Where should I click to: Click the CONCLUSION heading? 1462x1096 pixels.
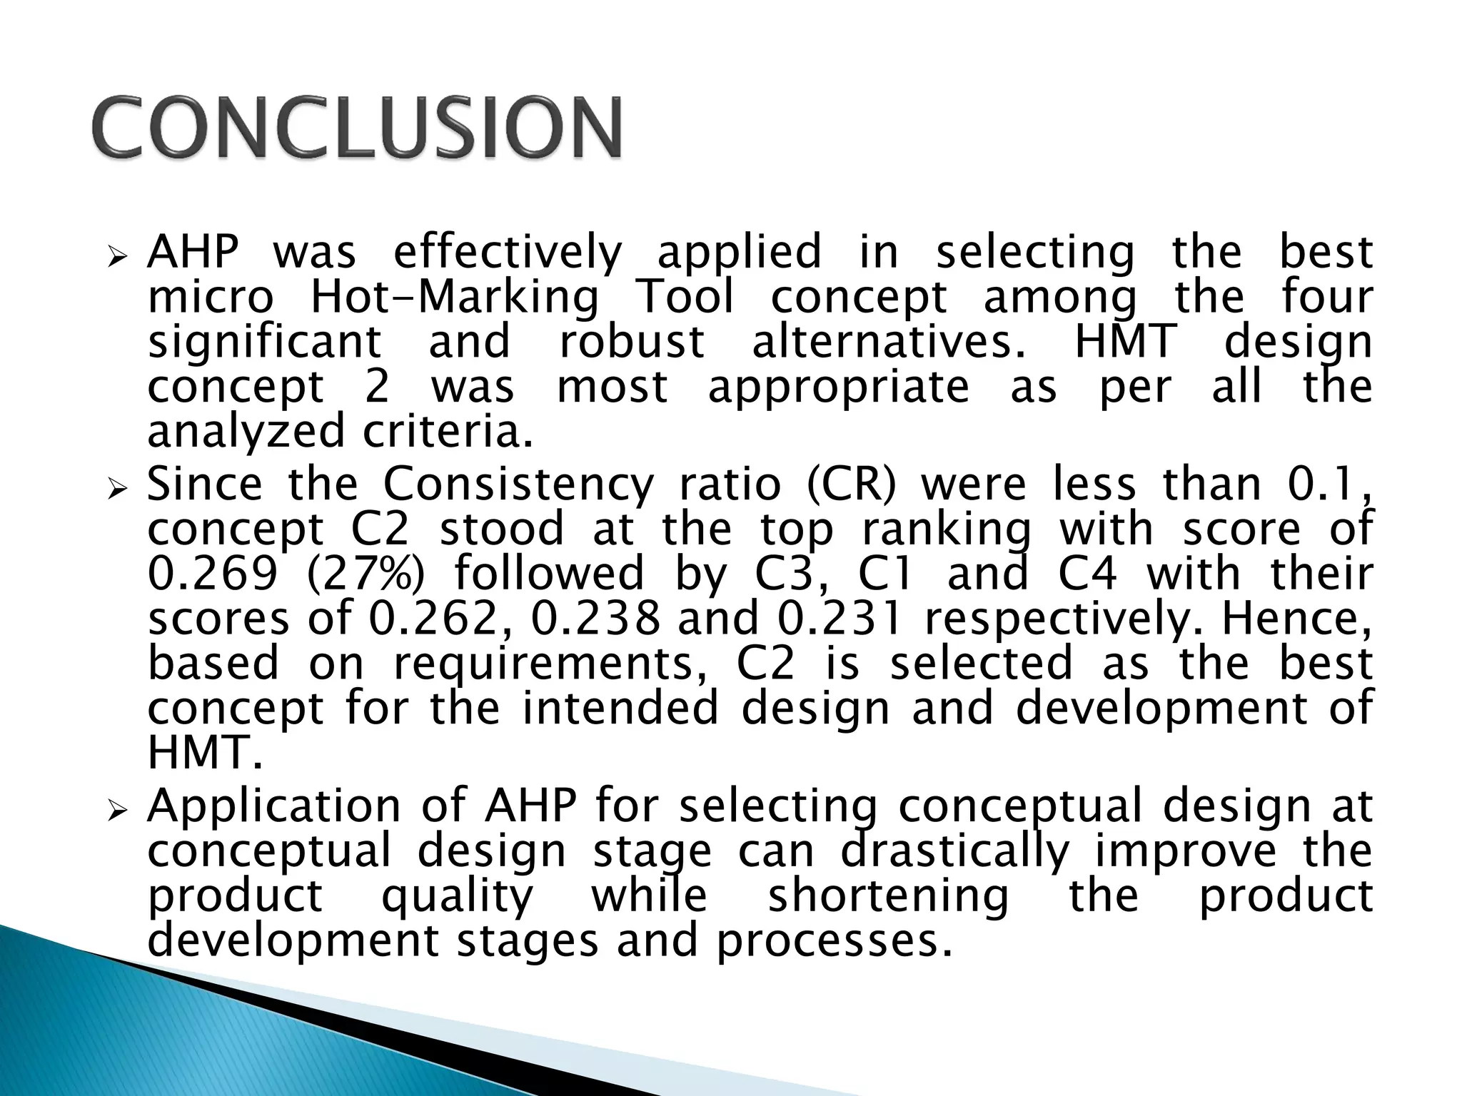click(x=357, y=128)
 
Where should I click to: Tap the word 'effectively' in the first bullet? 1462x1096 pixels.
click(x=508, y=253)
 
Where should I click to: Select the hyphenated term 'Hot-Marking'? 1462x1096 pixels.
click(x=455, y=298)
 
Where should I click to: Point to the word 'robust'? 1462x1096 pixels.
click(x=632, y=342)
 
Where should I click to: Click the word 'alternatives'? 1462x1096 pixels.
click(x=889, y=342)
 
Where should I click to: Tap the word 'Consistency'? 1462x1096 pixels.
click(x=518, y=486)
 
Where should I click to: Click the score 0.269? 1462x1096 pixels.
click(x=212, y=574)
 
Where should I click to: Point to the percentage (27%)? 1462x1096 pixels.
click(x=365, y=574)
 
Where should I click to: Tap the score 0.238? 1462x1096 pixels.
click(x=596, y=619)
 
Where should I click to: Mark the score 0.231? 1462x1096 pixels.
click(x=840, y=619)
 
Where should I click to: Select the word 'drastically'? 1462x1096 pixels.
click(x=954, y=852)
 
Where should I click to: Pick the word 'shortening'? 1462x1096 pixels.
click(x=888, y=897)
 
